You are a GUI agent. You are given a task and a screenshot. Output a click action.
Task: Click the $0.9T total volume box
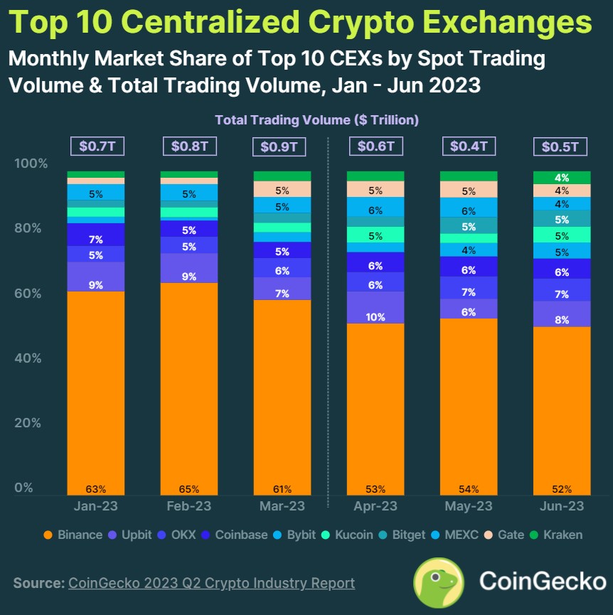coord(282,147)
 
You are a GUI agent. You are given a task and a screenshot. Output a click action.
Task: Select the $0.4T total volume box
coord(469,146)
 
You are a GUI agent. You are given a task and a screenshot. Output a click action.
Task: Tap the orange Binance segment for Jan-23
coord(96,391)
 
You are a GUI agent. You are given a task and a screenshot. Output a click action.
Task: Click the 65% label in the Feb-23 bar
coord(189,489)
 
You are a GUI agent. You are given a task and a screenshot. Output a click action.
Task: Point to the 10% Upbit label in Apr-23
coord(375,317)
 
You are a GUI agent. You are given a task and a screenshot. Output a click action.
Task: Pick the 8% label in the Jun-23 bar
coord(562,320)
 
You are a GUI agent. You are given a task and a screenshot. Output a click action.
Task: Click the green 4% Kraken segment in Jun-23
coord(562,178)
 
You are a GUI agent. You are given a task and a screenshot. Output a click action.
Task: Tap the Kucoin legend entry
coord(348,535)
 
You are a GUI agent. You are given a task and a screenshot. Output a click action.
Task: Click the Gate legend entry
coord(504,535)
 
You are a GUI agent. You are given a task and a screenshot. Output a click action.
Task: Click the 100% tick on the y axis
coord(31,164)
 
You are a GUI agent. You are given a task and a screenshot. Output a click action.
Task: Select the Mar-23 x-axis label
coord(282,506)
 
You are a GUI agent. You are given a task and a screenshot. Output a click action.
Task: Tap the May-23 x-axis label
coord(469,506)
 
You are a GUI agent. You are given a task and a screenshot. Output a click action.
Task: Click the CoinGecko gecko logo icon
coord(439,582)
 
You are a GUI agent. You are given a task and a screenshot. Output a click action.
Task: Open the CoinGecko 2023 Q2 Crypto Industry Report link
coord(211,583)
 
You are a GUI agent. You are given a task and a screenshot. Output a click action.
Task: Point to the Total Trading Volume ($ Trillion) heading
coord(316,120)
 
